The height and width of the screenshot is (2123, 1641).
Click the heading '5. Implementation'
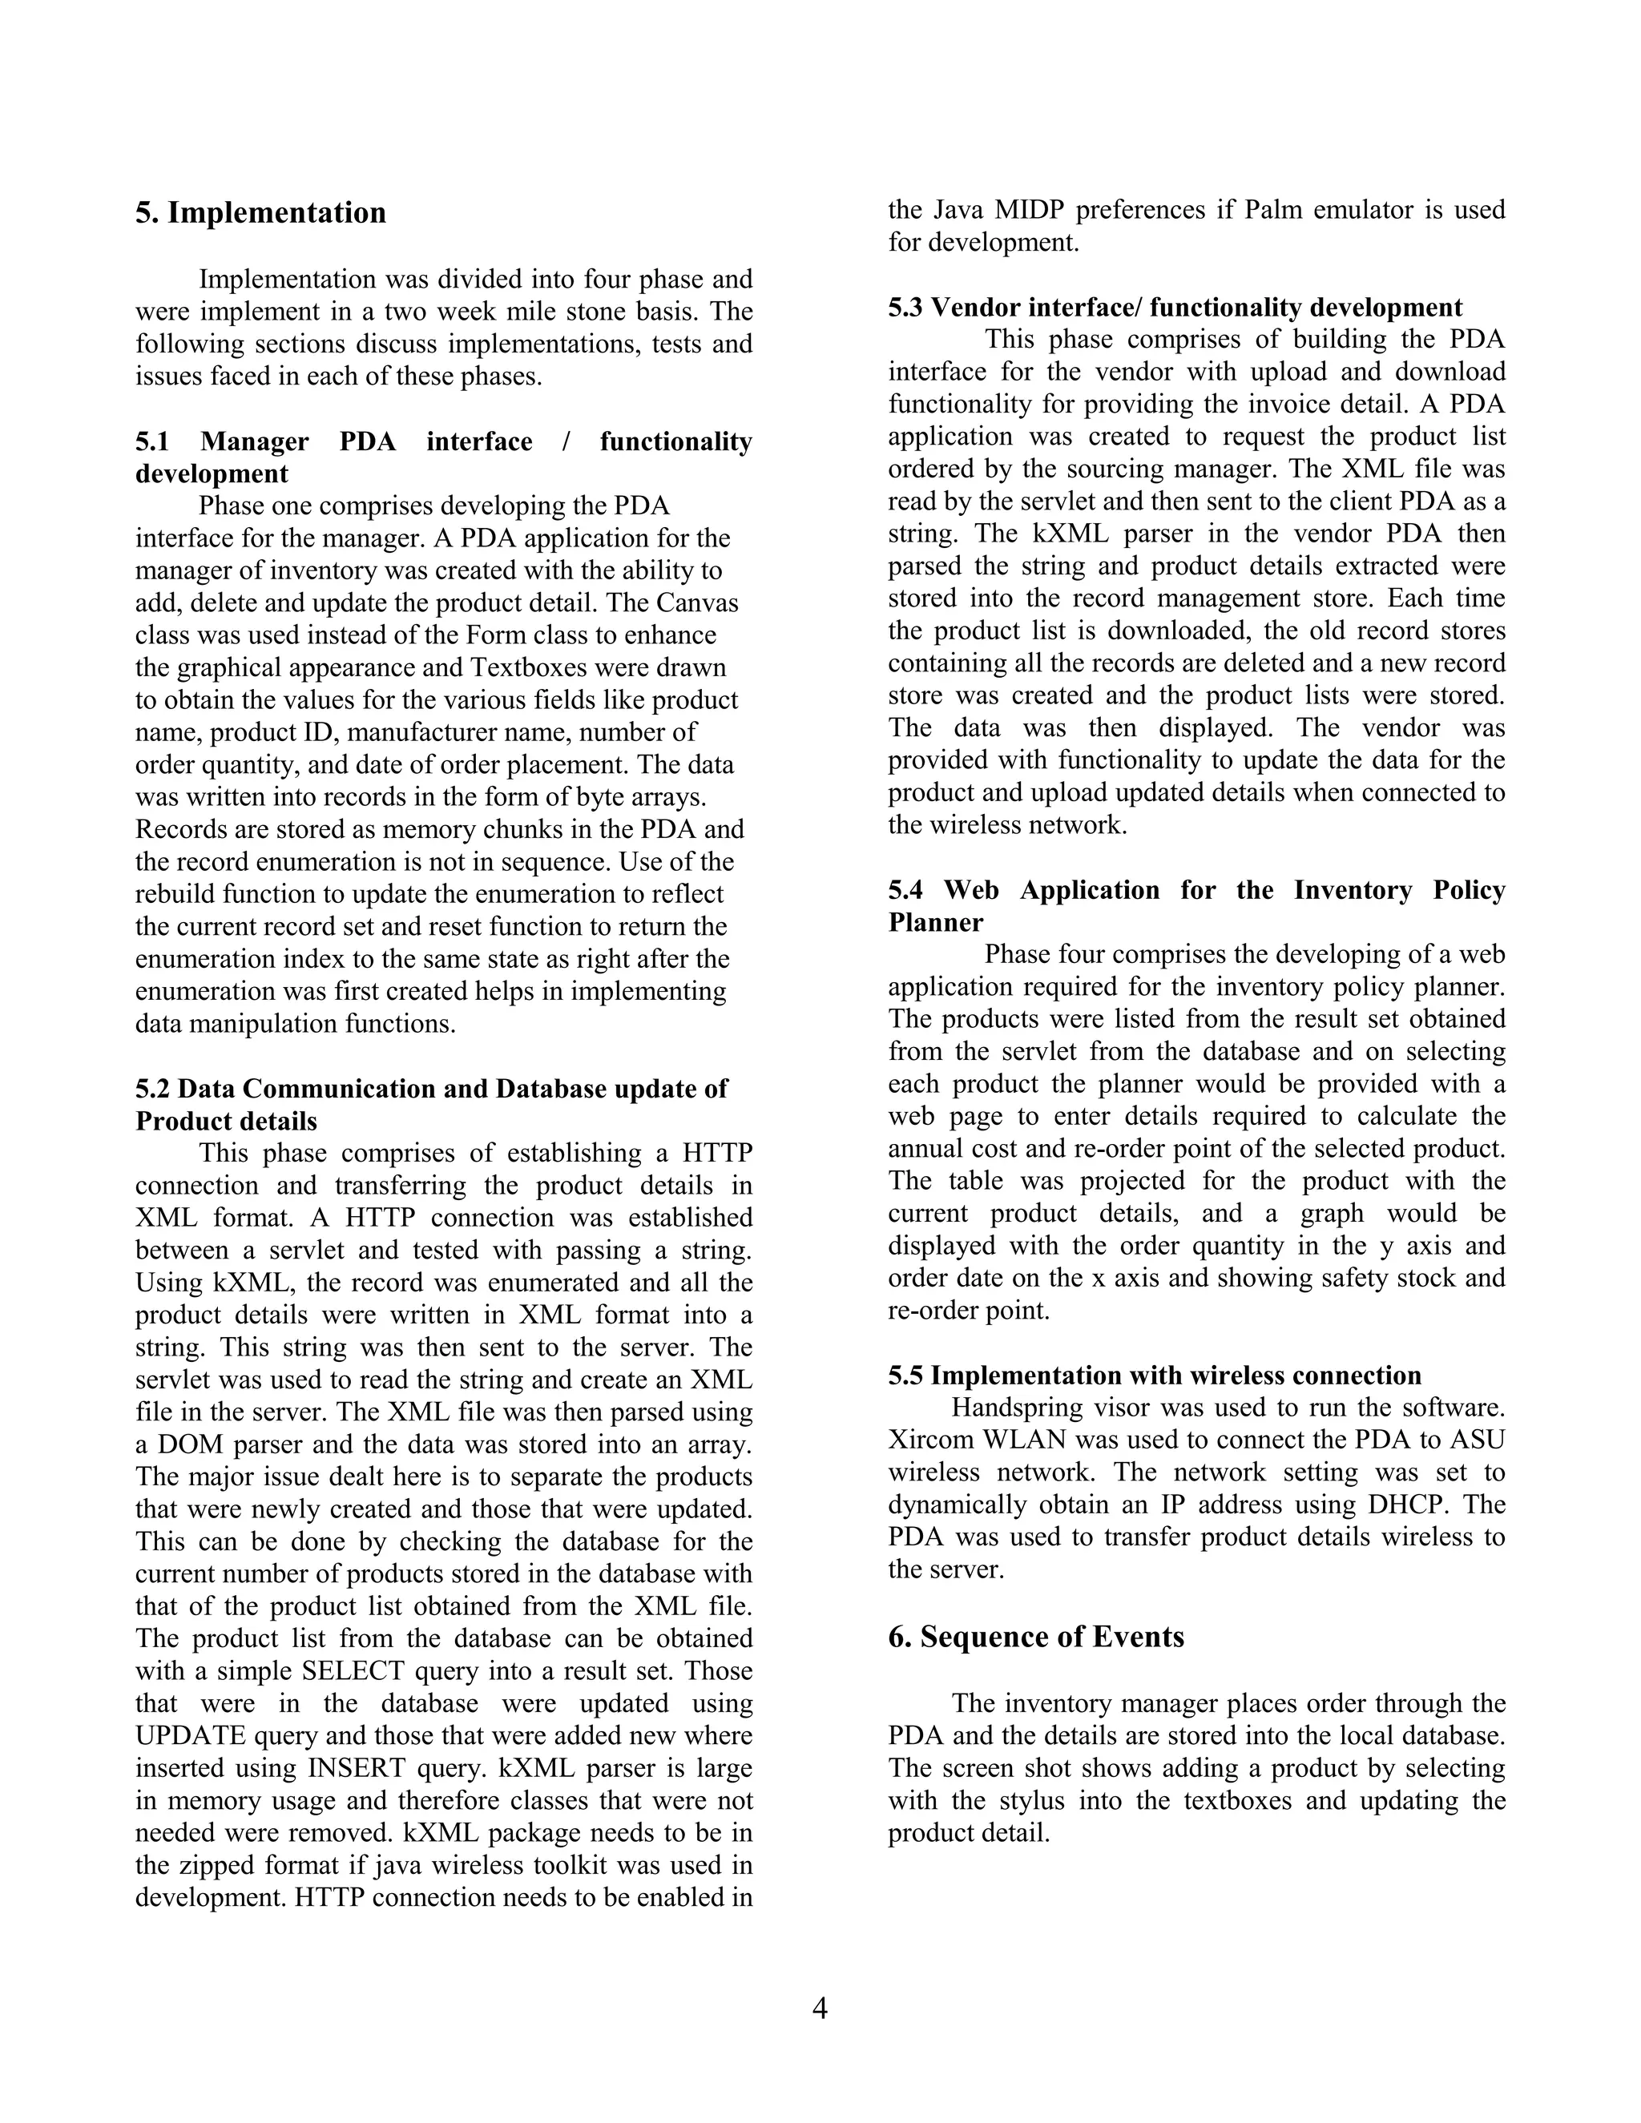tap(260, 213)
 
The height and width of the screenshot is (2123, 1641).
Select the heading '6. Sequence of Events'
tap(1035, 1637)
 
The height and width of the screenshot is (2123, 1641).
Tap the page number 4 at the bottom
tap(820, 2008)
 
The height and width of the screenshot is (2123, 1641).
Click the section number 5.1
tap(151, 442)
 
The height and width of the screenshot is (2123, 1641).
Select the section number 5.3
tap(905, 308)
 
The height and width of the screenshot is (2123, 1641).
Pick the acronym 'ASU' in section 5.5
tap(1477, 1440)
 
